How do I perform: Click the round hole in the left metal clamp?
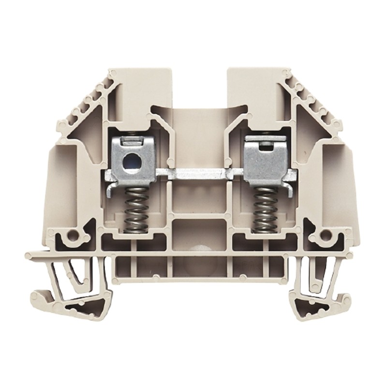point(130,160)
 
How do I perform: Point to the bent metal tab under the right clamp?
point(285,179)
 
